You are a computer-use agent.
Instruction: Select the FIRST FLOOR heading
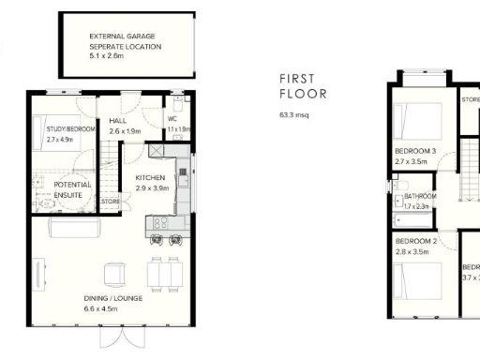pyautogui.click(x=303, y=87)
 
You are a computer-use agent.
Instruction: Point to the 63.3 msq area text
pyautogui.click(x=294, y=114)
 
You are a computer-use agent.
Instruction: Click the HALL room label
pyautogui.click(x=118, y=121)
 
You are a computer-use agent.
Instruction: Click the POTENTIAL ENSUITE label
pyautogui.click(x=72, y=190)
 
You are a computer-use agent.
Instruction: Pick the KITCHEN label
pyautogui.click(x=151, y=178)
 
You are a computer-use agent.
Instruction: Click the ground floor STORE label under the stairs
pyautogui.click(x=111, y=201)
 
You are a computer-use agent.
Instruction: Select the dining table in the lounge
pyautogui.click(x=168, y=272)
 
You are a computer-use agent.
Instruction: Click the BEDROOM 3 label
pyautogui.click(x=415, y=151)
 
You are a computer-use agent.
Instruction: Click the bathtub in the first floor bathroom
pyautogui.click(x=413, y=221)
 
